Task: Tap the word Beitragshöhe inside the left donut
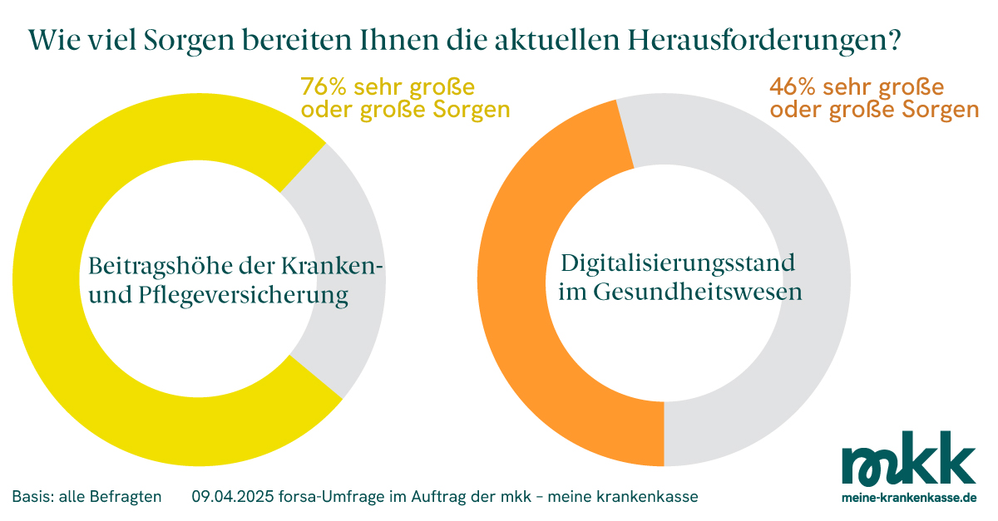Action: pos(155,267)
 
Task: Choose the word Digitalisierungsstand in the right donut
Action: pos(678,264)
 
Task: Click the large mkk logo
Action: pos(908,459)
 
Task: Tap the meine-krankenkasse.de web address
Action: pos(908,497)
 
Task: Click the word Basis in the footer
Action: pos(30,497)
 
